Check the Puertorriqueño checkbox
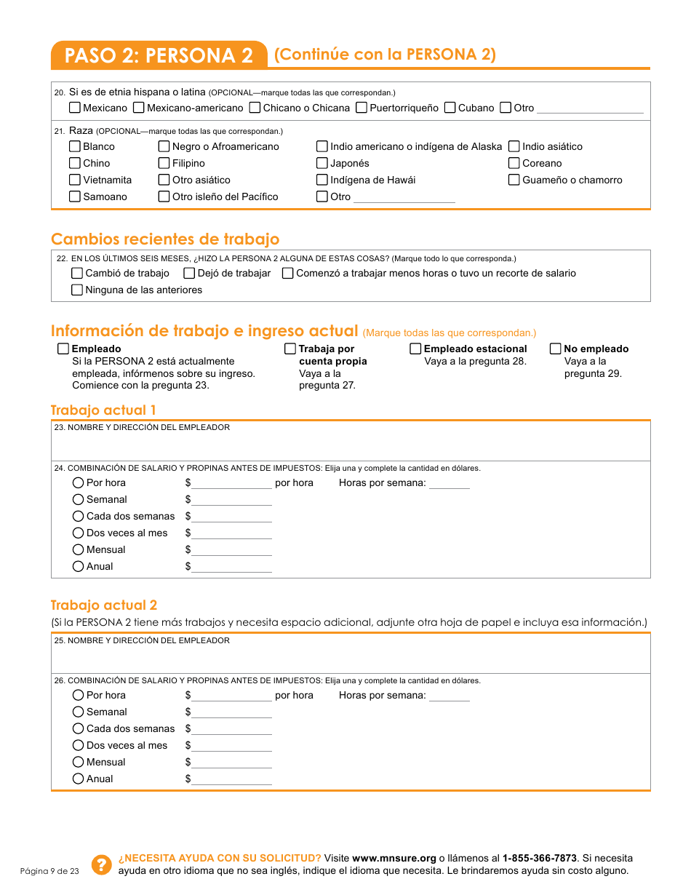click(362, 108)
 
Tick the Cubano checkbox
click(450, 108)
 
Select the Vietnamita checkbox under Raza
click(75, 180)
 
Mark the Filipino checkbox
click(164, 163)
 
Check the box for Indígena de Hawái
click(322, 180)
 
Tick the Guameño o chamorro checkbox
click(514, 180)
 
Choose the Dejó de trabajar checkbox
click(189, 274)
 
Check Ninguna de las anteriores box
click(77, 290)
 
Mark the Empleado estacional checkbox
click(415, 349)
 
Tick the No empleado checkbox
click(556, 349)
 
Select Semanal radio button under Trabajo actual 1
click(79, 499)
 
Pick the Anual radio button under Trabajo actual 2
click(79, 779)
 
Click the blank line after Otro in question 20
click(590, 109)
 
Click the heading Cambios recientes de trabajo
click(165, 239)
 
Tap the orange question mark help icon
click(100, 864)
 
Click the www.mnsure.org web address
click(394, 858)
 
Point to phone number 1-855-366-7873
click(539, 858)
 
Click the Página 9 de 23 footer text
click(49, 871)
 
